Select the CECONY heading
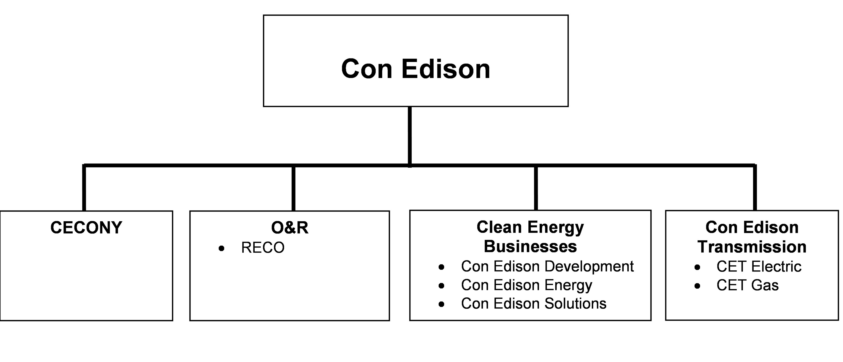[86, 228]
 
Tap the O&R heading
[290, 228]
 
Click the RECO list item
[263, 248]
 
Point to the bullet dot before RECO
[222, 249]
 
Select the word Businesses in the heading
[530, 246]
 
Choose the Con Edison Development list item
[547, 266]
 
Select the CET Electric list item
[758, 267]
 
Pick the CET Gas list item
[748, 285]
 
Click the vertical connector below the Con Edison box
[410, 136]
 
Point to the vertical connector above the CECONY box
[84, 188]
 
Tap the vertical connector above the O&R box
[294, 188]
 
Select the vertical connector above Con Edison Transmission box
[755, 188]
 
